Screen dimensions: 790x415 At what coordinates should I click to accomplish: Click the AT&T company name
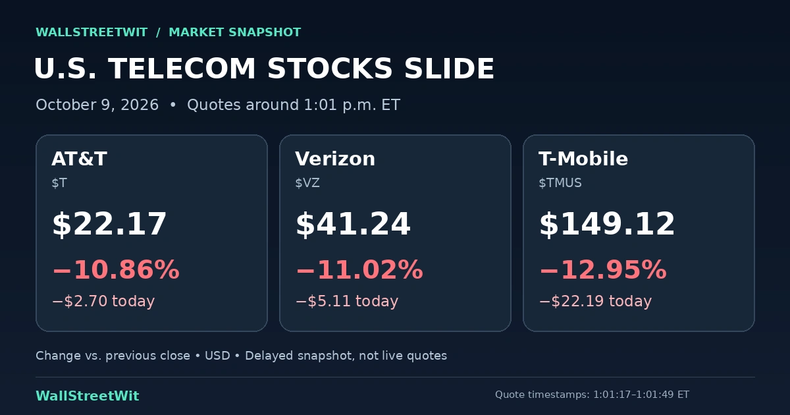80,159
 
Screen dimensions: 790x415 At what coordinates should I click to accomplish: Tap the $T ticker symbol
59,183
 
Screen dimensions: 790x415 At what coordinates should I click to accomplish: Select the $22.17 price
109,224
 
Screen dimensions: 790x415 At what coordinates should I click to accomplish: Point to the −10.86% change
116,269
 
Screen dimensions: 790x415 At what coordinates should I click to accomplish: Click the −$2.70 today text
104,301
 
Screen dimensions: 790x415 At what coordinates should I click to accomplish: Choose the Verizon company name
335,159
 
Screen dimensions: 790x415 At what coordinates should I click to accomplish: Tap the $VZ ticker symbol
307,183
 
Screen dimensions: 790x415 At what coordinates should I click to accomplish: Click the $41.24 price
353,224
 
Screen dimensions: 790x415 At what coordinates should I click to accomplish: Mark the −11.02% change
359,269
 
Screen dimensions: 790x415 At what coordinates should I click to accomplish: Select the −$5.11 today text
348,301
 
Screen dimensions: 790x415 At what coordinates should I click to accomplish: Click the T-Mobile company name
583,159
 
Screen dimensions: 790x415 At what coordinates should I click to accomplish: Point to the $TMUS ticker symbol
560,183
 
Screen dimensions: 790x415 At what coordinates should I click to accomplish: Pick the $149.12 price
607,224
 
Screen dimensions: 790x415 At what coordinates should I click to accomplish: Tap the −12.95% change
604,269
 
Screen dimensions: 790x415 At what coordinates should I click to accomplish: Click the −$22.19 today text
596,301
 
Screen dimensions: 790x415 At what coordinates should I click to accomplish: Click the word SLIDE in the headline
449,69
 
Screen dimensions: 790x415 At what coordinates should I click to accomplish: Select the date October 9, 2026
97,105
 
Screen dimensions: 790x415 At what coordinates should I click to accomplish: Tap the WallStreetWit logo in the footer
88,396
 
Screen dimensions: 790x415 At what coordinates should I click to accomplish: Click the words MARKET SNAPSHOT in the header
235,32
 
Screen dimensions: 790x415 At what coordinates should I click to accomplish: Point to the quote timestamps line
592,395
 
